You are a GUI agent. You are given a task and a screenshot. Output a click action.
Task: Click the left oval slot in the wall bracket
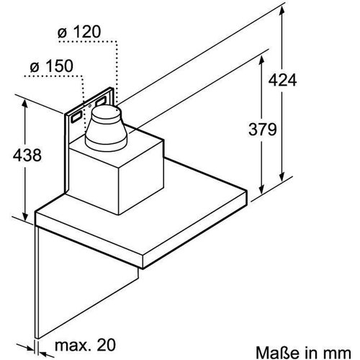(75, 114)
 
